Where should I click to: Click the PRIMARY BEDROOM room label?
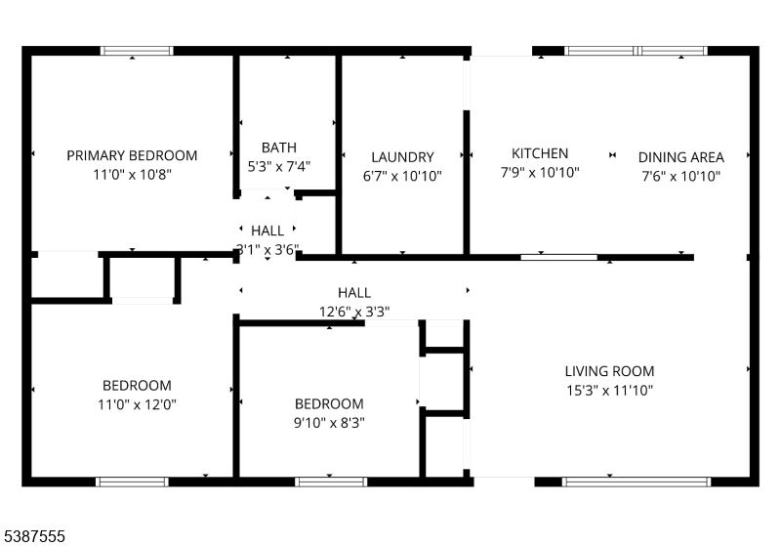[132, 155]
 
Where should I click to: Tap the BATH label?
[278, 147]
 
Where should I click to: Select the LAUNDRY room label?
[402, 157]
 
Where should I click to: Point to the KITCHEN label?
[540, 153]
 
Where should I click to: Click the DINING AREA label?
[681, 157]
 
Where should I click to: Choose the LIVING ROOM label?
[609, 371]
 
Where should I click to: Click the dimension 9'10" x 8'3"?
[329, 423]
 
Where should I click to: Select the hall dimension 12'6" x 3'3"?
[353, 312]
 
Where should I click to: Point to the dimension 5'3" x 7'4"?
[278, 167]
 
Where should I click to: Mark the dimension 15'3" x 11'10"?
[609, 390]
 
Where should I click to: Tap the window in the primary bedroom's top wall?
[138, 51]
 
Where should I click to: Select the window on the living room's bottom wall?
[637, 481]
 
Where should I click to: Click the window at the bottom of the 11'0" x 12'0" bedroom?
[132, 481]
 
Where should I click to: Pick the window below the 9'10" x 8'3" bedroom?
[331, 481]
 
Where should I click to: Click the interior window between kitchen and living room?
[558, 257]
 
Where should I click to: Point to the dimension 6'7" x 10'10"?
[402, 177]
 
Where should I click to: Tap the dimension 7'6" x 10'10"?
[681, 177]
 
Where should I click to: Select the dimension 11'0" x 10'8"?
[132, 175]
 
